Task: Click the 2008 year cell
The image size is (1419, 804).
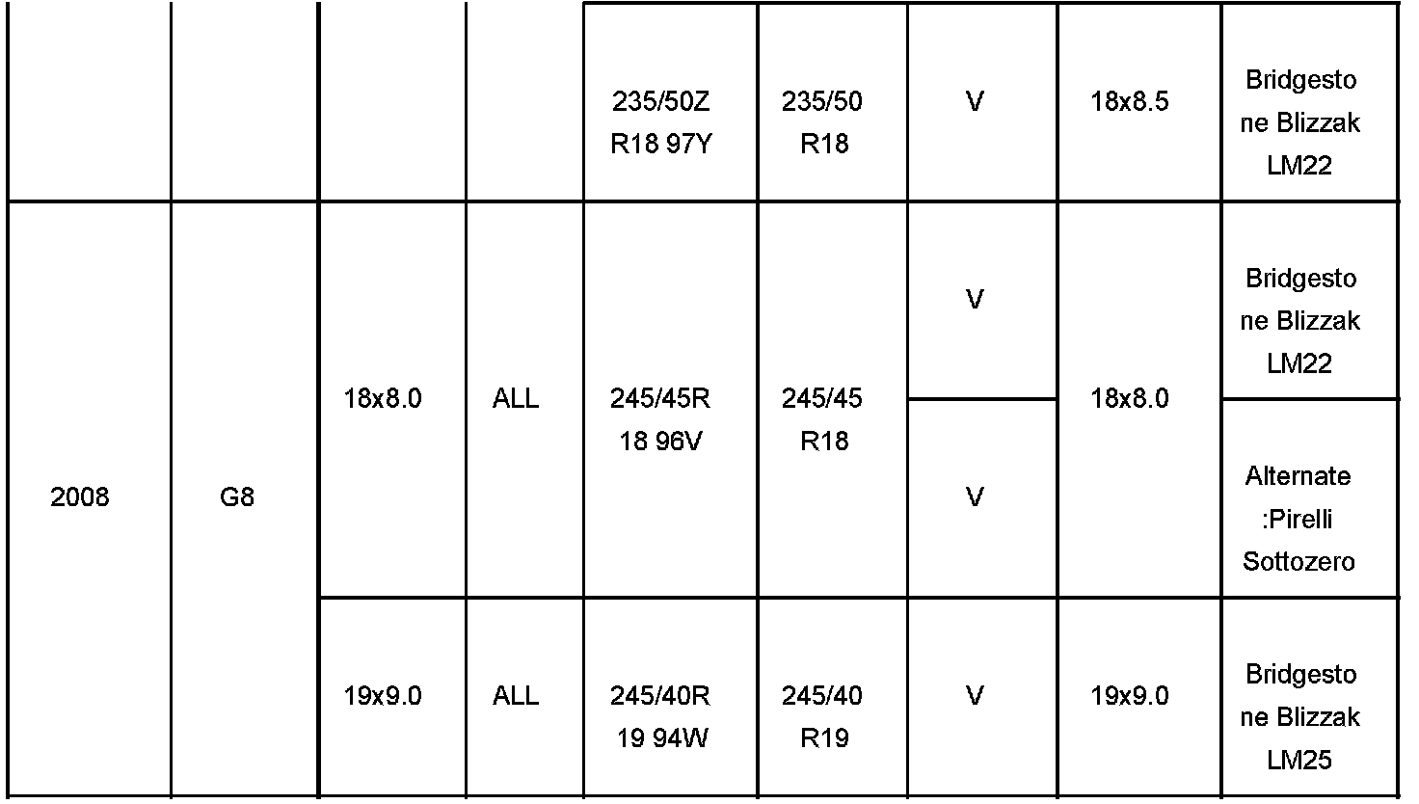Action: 79,498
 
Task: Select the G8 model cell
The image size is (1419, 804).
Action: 237,498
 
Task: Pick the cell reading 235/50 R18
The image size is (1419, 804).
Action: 822,122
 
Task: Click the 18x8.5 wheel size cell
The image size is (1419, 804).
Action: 1129,101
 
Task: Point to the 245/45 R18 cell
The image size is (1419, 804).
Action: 822,419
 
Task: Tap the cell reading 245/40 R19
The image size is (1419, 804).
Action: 822,716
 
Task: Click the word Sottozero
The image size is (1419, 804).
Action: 1299,561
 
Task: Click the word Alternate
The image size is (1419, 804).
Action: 1298,476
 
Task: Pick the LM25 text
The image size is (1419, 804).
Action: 1299,760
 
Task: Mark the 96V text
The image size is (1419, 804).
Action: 675,442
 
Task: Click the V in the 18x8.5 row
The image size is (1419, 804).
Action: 975,101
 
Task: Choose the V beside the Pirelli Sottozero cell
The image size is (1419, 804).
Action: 975,497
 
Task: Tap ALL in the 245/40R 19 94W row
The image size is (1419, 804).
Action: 516,695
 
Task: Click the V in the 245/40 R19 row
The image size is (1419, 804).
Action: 975,695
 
